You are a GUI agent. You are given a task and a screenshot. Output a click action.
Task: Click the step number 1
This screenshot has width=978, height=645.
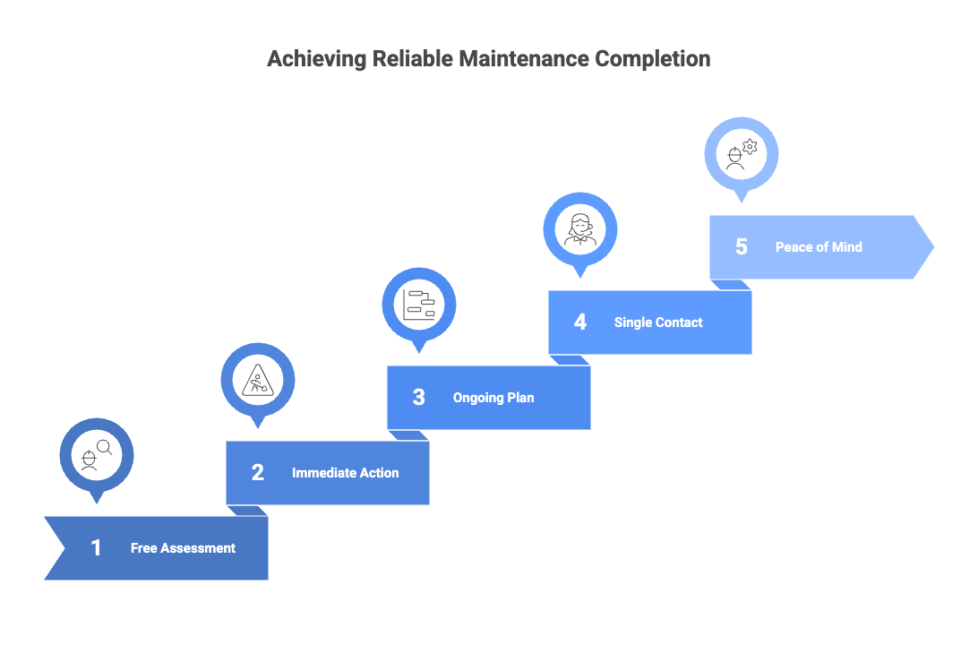[x=97, y=548]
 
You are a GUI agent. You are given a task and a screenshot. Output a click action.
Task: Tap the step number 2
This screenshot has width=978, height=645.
[x=258, y=473]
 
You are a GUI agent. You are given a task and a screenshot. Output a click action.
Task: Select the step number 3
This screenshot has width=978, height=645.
[x=419, y=398]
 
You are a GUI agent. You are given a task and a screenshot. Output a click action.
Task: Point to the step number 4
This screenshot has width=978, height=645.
[x=580, y=322]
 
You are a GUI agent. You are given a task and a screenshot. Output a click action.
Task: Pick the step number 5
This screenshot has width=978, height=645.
[x=742, y=247]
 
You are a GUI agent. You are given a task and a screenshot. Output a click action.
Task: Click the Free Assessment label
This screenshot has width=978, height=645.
[x=183, y=548]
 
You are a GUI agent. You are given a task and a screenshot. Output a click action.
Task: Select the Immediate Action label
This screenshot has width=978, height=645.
[x=345, y=473]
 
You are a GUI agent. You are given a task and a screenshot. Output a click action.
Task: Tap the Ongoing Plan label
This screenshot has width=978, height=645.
[x=493, y=398]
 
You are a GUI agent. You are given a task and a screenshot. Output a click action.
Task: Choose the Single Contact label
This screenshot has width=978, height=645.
[x=658, y=322]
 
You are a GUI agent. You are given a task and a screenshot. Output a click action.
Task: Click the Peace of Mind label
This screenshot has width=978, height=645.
[x=819, y=247]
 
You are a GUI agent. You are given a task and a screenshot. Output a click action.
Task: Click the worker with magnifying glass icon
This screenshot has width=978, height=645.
[x=97, y=454]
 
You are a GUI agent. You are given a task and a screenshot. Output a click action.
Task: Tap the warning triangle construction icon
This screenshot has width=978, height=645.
[x=258, y=379]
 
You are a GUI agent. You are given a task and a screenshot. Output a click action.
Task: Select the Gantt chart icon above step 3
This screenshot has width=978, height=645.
[x=419, y=304]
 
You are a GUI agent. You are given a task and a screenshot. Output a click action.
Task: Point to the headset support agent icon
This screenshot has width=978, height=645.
[x=580, y=228]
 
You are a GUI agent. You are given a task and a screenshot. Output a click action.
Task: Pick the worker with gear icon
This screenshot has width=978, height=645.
[x=742, y=153]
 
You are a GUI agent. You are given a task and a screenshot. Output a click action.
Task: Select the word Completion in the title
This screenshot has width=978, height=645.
[x=653, y=59]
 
